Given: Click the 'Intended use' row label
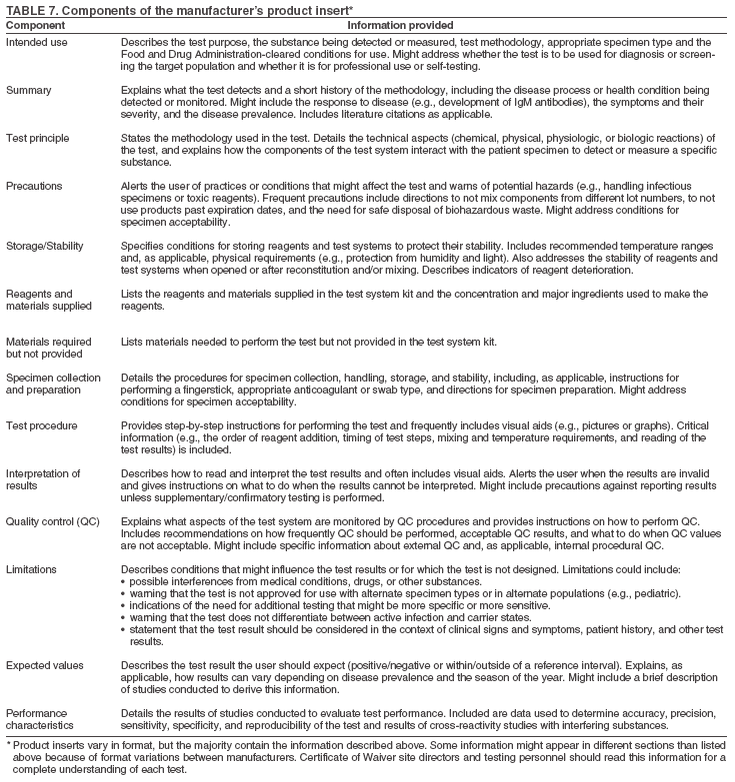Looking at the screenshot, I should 36,43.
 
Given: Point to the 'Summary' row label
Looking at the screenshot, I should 29,90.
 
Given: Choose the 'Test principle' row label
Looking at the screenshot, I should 38,137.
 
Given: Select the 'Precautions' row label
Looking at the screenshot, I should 35,185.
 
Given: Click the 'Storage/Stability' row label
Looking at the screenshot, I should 45,244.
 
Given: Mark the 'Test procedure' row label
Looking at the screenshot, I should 41,425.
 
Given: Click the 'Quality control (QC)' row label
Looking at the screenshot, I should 51,520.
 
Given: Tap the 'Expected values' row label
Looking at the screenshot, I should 43,664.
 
